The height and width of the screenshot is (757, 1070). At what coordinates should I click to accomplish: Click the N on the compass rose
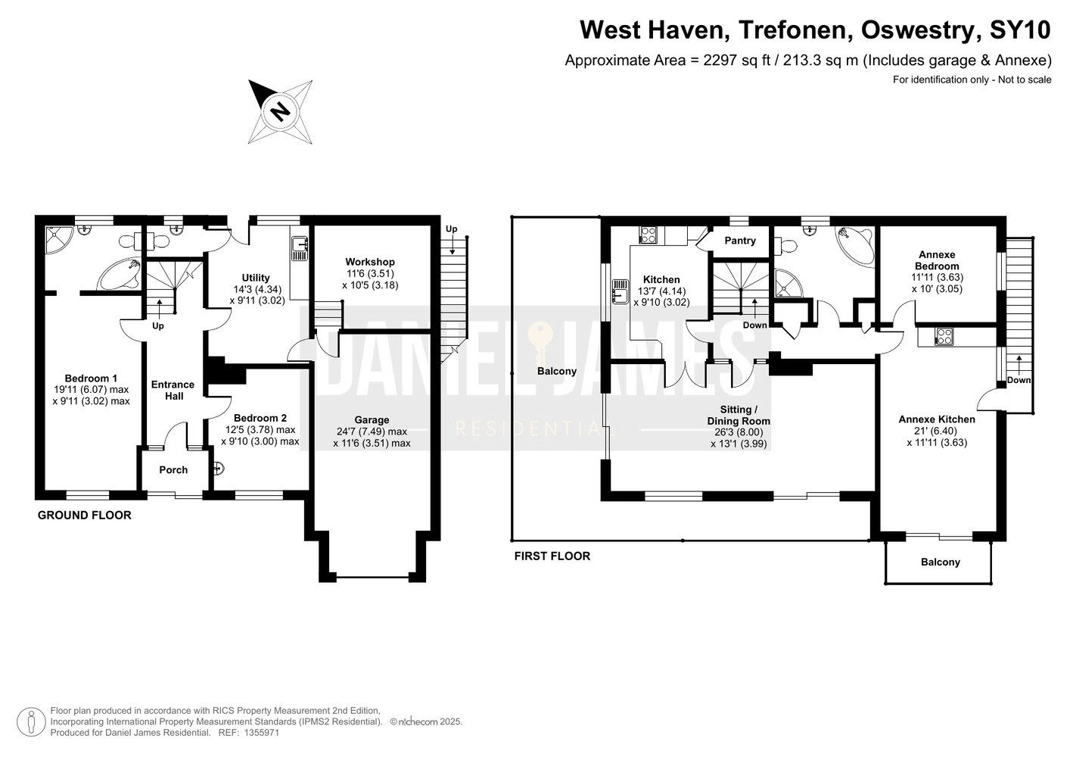[281, 112]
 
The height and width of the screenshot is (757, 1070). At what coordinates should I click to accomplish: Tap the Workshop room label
[370, 262]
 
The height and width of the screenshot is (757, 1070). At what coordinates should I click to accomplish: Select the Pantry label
[740, 241]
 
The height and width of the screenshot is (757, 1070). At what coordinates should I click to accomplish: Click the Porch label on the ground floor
[173, 470]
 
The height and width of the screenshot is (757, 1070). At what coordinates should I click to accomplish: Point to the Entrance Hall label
[173, 390]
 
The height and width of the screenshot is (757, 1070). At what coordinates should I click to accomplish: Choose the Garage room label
[372, 419]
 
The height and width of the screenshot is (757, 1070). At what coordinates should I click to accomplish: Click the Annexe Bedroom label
[937, 260]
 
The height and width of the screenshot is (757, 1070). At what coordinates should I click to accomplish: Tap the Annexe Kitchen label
[937, 419]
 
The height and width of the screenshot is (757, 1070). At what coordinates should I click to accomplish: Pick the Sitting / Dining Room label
[739, 416]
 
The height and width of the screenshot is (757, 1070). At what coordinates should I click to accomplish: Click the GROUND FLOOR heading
[85, 516]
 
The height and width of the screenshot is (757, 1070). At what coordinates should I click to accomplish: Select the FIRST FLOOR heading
[552, 556]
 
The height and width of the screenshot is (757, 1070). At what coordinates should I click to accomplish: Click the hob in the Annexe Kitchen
[944, 336]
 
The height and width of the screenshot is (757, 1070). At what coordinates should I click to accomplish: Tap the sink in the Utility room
[300, 249]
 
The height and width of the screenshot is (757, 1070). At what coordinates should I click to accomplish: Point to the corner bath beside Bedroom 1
[120, 274]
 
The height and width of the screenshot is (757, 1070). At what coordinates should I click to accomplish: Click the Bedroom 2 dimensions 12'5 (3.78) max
[260, 430]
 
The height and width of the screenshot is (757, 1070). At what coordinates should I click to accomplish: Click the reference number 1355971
[261, 732]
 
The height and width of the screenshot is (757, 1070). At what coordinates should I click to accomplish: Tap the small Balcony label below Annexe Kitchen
[940, 562]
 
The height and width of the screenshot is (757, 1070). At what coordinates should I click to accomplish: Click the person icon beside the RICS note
[31, 722]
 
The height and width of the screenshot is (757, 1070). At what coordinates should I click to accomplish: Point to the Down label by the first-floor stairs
[754, 325]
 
